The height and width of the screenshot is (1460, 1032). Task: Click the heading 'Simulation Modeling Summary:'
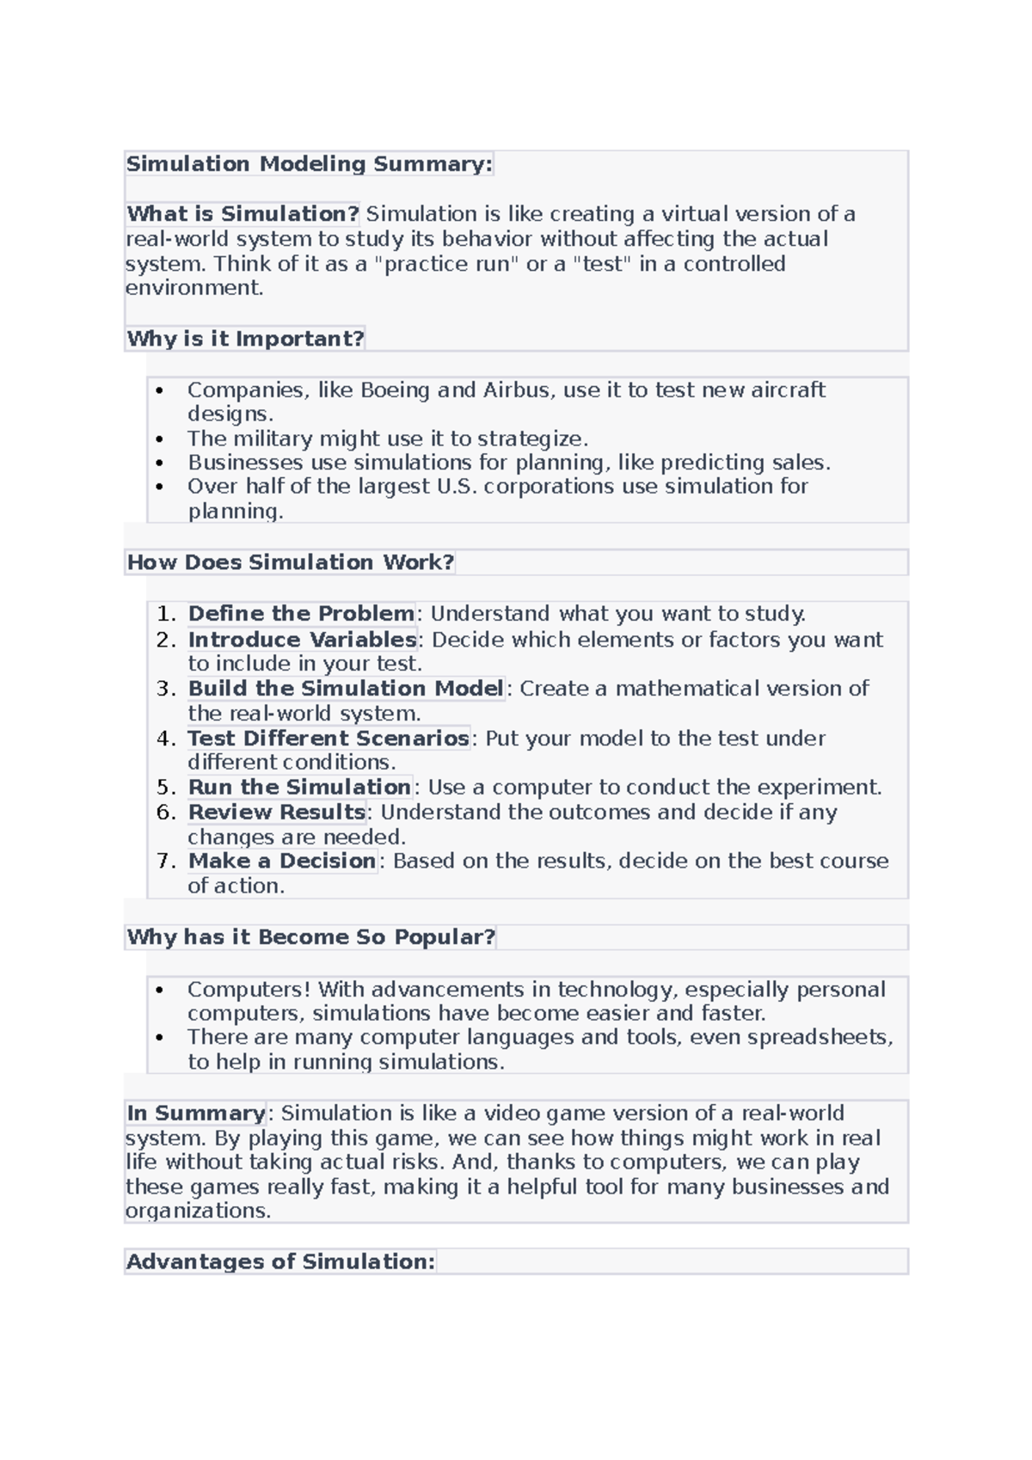[309, 164]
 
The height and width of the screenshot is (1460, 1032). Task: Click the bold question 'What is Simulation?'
[243, 214]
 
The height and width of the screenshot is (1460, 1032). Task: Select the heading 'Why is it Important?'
[245, 339]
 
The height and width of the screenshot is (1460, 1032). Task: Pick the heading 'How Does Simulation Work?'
[290, 562]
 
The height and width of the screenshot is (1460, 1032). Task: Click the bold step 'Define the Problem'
[301, 614]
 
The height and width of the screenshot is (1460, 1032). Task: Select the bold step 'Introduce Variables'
[303, 640]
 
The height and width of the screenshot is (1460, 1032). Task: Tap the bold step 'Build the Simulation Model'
[346, 689]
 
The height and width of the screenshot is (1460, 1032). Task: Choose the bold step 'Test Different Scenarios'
[329, 739]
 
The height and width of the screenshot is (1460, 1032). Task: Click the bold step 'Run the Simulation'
[299, 788]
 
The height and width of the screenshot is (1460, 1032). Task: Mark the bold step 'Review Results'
[277, 813]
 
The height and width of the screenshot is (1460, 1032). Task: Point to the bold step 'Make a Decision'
[282, 862]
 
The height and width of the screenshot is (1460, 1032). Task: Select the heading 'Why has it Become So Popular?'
[310, 937]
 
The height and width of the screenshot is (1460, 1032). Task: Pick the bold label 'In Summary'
[196, 1113]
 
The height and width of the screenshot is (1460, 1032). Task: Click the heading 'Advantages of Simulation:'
[280, 1262]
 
